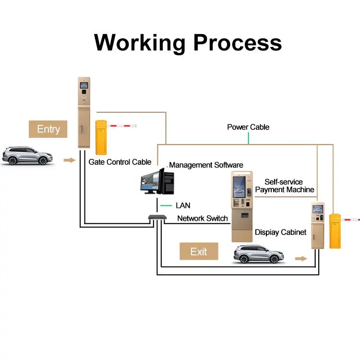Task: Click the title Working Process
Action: tap(188, 42)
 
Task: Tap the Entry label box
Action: tap(48, 129)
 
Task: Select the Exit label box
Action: tap(199, 252)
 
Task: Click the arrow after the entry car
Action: tap(70, 160)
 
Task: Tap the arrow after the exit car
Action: tap(301, 258)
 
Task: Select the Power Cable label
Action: tap(248, 127)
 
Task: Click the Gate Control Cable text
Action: tap(120, 162)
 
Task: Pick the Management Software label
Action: tap(206, 165)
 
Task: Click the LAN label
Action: tap(183, 205)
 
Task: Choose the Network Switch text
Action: tap(203, 218)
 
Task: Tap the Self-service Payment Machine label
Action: tap(284, 186)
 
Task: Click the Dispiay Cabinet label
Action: tap(280, 232)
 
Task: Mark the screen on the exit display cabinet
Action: tap(317, 209)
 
